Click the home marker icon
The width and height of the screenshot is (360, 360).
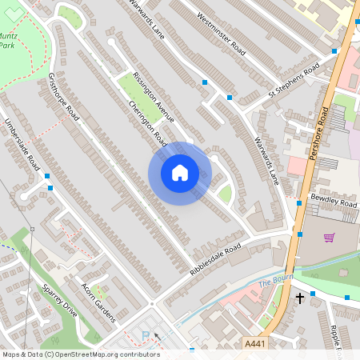click(x=180, y=173)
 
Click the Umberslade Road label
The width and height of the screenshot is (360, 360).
click(x=22, y=145)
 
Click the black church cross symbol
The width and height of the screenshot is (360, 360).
click(x=300, y=298)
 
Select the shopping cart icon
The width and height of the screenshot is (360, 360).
click(x=329, y=237)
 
